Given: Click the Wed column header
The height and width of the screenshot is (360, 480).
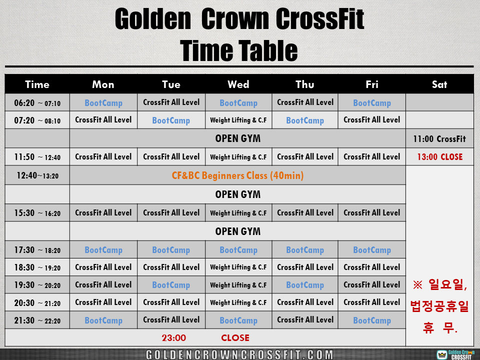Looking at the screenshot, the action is [x=238, y=84].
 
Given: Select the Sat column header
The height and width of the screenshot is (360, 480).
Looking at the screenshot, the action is [x=439, y=84].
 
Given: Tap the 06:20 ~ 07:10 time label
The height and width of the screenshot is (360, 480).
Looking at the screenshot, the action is [x=37, y=103].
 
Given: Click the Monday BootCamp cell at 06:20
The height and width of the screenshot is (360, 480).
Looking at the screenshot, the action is [x=103, y=103].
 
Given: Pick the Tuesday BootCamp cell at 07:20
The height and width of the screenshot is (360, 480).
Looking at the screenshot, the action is [x=171, y=120].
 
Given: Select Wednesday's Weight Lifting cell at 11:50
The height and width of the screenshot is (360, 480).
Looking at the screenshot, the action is [x=238, y=157].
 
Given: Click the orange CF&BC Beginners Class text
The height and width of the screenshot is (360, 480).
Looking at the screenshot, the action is [x=237, y=175].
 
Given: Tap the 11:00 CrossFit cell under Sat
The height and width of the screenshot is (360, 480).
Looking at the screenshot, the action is [x=439, y=139].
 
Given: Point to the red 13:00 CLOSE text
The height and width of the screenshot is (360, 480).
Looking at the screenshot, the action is [x=440, y=157].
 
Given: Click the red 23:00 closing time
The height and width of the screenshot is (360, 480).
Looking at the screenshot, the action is [x=174, y=337].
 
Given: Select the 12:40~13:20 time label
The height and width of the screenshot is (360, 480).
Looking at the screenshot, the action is [x=37, y=175].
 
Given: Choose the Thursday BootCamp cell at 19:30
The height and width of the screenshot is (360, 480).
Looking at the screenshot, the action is [x=305, y=285].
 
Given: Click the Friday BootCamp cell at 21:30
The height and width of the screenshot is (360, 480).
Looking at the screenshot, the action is [x=372, y=320].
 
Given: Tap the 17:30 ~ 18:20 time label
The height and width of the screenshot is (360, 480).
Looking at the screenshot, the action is [x=37, y=250].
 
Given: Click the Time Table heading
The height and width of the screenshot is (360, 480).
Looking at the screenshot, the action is [x=239, y=50].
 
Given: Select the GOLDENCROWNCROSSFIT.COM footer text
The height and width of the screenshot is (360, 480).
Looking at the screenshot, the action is [x=239, y=354].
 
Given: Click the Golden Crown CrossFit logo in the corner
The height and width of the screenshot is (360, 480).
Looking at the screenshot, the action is [x=455, y=354].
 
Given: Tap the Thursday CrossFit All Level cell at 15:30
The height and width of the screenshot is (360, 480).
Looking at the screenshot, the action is [x=305, y=213].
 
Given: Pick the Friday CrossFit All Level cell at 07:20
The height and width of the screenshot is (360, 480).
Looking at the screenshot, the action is [x=371, y=119].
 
